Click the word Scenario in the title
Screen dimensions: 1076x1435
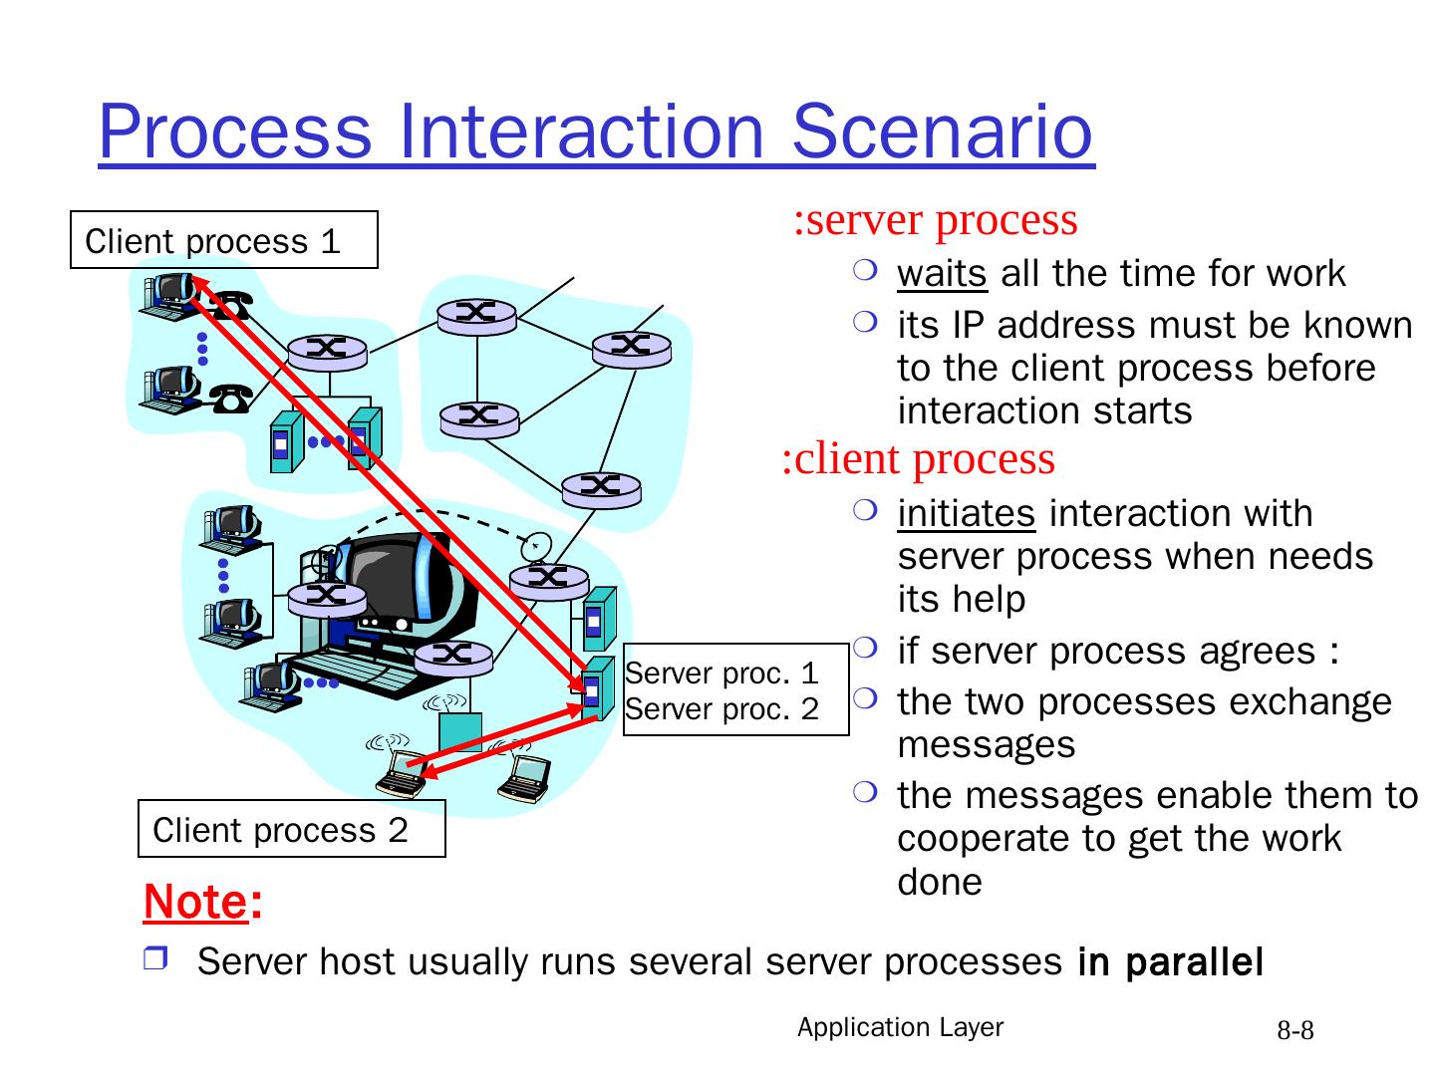click(x=943, y=131)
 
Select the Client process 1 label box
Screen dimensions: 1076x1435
click(x=223, y=240)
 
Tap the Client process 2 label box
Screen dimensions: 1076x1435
click(x=291, y=829)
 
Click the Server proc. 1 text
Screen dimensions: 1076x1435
click(x=721, y=673)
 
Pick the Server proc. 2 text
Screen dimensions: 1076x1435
click(x=721, y=709)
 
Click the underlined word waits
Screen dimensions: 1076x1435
click(x=942, y=273)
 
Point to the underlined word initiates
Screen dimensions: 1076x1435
click(x=966, y=514)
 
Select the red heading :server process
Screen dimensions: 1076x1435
click(x=935, y=219)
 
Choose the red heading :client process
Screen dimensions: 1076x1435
click(x=918, y=459)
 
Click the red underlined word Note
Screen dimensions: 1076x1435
click(x=195, y=902)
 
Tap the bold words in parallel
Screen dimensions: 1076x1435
click(x=1170, y=962)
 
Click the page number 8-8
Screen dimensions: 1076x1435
click(x=1295, y=1031)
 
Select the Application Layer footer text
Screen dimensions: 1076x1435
click(x=900, y=1028)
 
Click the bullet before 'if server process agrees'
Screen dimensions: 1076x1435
click(x=863, y=649)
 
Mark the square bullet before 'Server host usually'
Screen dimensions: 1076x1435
click(x=156, y=960)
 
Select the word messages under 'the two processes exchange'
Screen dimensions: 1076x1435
click(x=986, y=745)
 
